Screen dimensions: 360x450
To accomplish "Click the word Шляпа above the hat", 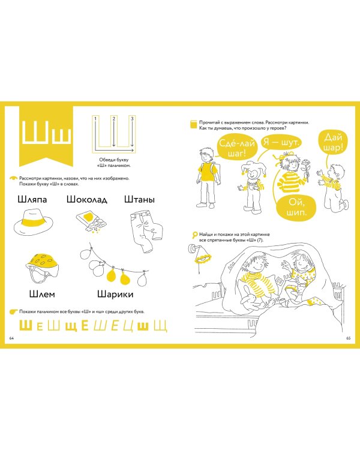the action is [x=32, y=199].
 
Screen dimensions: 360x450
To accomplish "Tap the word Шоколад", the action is [x=87, y=199].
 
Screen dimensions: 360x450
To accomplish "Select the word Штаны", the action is [x=140, y=199].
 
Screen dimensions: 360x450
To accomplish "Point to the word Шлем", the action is [x=42, y=294].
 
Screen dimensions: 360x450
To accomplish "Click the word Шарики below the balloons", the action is [x=115, y=294].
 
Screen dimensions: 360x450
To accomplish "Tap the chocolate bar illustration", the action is [x=92, y=221].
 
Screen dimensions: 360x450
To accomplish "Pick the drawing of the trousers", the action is [x=146, y=231].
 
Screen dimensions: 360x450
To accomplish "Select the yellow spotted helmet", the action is [x=42, y=268].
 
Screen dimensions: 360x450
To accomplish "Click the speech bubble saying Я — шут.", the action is [x=281, y=142].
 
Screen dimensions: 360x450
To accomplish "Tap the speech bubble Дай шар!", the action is [x=333, y=142].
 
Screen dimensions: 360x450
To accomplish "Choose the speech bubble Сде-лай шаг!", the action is [x=237, y=148].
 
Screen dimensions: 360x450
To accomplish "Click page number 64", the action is [x=12, y=338].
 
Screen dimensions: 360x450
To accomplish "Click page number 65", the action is [x=348, y=338].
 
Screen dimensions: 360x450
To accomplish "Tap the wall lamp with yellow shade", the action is [x=201, y=256].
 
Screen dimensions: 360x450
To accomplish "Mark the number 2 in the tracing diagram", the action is [x=114, y=119].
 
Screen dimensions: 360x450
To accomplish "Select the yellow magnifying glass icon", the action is [x=194, y=235].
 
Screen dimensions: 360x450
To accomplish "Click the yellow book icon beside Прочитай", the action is [x=194, y=124].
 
